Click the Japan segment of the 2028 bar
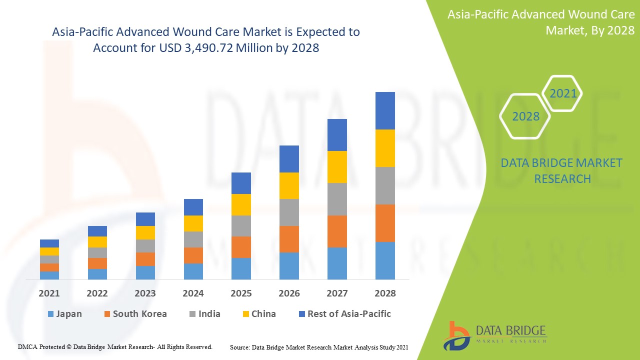pos(385,260)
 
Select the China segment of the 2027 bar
pos(337,167)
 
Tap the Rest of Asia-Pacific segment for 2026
pos(289,159)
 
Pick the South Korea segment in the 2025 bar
pos(241,247)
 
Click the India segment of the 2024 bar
pos(193,239)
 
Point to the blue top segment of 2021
pos(49,243)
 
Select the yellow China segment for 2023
pos(145,232)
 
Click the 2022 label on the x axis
pos(97,293)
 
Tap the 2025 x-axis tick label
pos(241,293)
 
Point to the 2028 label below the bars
pos(385,293)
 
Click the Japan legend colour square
pos(50,314)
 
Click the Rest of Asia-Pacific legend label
pos(349,314)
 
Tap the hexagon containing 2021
pos(562,93)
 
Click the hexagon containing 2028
pos(525,116)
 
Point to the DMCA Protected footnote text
pos(115,346)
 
